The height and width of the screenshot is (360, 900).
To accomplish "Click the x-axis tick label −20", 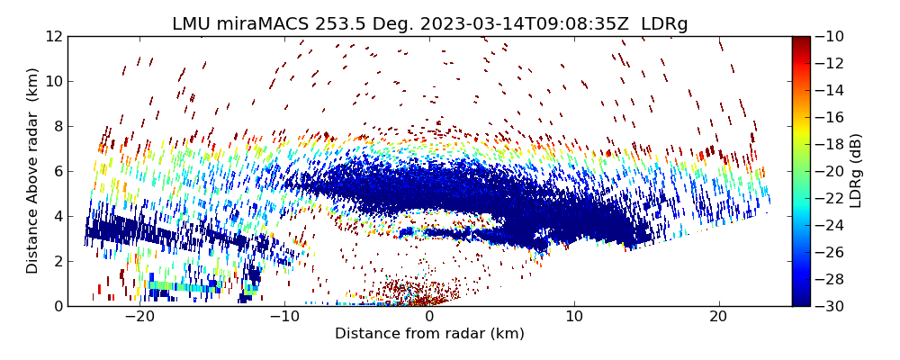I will pos(139,317).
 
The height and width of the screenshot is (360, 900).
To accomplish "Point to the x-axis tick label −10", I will pos(284,317).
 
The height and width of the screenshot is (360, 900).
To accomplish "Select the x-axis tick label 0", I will pos(429,317).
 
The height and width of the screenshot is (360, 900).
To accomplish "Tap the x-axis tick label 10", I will pos(574,317).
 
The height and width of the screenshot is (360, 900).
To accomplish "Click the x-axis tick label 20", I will pos(719,317).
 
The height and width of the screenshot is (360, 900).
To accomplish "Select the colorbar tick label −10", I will pos(833,36).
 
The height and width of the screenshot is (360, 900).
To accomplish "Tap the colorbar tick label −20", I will pos(833,171).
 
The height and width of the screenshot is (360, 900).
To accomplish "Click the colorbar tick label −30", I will pos(833,306).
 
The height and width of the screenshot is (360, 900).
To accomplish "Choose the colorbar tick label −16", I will pos(833,117).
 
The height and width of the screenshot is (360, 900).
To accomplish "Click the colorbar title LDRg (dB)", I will pos(856,171).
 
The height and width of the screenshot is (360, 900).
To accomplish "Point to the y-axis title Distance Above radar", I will pos(33,171).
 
